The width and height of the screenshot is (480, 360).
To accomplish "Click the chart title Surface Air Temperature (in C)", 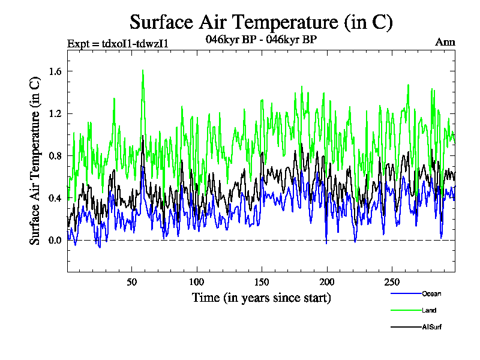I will [261, 22].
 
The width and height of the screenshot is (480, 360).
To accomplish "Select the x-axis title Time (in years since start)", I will [261, 298].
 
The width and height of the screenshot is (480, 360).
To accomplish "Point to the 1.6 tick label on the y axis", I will [55, 71].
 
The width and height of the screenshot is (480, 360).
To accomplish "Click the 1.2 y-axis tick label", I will [55, 113].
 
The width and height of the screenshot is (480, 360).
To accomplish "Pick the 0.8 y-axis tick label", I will [55, 156].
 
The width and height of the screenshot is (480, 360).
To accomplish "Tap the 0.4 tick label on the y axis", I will [55, 198].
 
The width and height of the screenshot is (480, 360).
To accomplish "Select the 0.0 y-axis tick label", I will [55, 241].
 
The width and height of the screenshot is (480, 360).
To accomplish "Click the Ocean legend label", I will [431, 293].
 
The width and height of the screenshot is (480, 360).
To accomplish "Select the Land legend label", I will [428, 310].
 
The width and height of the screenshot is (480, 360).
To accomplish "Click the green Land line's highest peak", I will [143, 70].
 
